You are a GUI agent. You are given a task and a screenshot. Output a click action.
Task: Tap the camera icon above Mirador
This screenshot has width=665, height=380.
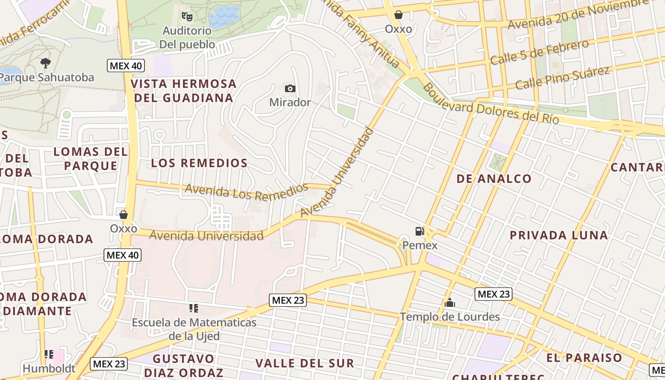(290, 88)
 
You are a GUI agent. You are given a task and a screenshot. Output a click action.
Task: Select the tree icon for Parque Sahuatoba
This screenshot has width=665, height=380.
(46, 63)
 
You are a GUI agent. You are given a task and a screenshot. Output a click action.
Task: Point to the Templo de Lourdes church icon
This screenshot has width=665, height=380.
(449, 303)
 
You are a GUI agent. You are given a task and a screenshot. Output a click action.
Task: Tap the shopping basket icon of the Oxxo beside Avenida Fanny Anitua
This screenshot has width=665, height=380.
(399, 15)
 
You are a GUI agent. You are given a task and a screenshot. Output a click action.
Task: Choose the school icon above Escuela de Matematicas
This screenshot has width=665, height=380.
(193, 309)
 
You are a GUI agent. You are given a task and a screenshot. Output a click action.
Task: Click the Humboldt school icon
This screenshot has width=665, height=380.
(49, 354)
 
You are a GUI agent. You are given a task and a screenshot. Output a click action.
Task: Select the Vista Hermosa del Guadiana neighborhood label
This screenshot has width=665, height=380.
(184, 91)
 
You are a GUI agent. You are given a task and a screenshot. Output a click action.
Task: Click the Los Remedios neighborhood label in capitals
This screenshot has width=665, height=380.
(199, 163)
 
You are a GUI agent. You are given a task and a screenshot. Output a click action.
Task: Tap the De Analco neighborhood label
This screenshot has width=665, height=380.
(494, 179)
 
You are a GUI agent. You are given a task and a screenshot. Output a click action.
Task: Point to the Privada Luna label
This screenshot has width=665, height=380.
(559, 235)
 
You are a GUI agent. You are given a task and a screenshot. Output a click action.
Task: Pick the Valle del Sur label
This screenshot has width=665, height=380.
(304, 363)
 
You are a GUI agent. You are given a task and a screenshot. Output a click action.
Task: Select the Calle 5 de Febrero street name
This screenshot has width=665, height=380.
(539, 53)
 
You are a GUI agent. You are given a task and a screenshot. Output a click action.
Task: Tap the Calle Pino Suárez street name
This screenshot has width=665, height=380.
(562, 78)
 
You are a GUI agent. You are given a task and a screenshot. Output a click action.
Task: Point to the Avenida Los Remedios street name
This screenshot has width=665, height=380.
(246, 191)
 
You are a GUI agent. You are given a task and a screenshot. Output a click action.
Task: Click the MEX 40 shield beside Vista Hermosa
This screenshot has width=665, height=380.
(125, 66)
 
